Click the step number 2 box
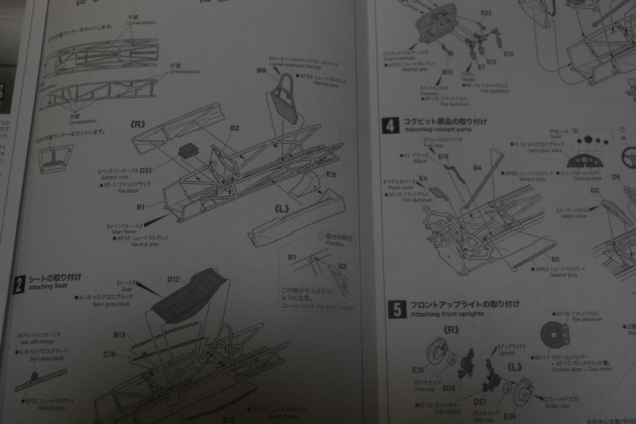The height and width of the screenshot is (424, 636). click(x=19, y=285)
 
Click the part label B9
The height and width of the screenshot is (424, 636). click(x=262, y=71)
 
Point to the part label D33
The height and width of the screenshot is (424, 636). click(x=145, y=171)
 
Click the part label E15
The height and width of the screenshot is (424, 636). click(x=331, y=174)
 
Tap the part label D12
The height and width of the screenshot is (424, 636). click(x=173, y=279)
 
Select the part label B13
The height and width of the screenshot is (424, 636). click(x=120, y=334)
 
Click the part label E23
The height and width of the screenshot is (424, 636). click(x=486, y=13)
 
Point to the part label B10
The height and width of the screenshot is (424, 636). click(x=448, y=72)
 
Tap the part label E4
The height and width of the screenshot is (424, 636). click(x=423, y=178)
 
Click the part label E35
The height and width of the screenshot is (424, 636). click(x=418, y=370)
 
